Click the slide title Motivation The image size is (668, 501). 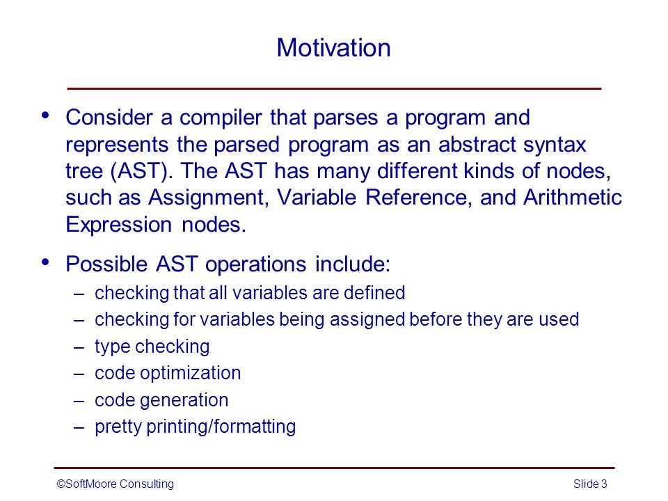point(333,47)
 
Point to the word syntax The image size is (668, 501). point(555,145)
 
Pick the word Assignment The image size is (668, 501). point(208,198)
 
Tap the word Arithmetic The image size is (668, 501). point(573,197)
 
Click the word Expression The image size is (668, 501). point(118,225)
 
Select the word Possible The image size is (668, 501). point(106,264)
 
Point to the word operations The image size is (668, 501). point(255,265)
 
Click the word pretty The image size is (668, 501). point(118,427)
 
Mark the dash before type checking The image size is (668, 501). point(79,347)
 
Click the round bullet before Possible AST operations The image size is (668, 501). point(46,262)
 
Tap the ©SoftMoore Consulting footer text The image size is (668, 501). point(115,484)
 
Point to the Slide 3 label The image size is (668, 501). point(590,484)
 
